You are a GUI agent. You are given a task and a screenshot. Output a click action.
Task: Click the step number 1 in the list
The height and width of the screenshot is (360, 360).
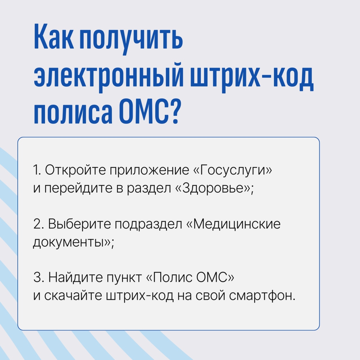click(36, 170)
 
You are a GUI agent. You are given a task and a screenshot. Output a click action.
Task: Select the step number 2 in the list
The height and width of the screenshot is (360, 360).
click(38, 224)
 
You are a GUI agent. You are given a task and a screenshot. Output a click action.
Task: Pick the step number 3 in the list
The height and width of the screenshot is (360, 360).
click(38, 278)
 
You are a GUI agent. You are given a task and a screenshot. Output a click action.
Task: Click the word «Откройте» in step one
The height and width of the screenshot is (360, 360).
click(75, 170)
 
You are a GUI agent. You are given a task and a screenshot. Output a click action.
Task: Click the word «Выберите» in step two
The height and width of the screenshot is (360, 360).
click(79, 224)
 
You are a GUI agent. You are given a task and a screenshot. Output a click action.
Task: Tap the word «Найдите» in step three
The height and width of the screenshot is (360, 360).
click(76, 278)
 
